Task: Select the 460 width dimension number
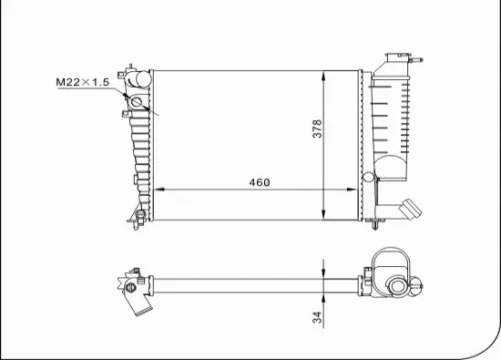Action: (260, 181)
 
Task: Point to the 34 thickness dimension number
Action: (316, 320)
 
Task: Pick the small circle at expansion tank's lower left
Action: (370, 177)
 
